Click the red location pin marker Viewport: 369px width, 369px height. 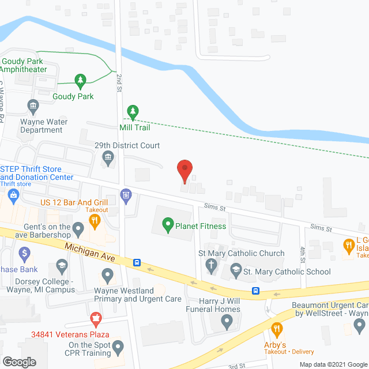(184, 170)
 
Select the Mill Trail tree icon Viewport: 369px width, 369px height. (133, 111)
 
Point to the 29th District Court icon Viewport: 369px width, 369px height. (108, 157)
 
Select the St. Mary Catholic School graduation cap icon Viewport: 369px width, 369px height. (236, 269)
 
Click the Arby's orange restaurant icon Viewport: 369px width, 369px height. (277, 330)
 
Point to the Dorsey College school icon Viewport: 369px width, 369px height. (61, 266)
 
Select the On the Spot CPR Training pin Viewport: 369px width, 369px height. (118, 347)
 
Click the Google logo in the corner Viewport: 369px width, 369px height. (18, 362)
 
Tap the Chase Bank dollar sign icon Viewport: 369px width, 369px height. (24, 253)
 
